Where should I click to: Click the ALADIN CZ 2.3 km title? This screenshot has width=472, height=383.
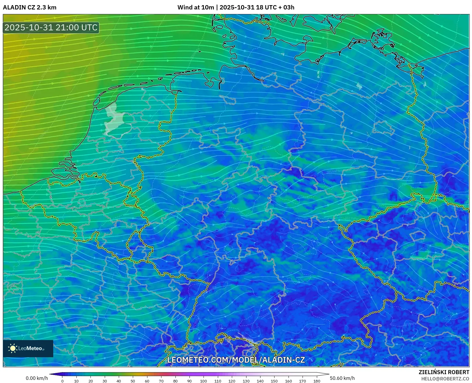point(29,7)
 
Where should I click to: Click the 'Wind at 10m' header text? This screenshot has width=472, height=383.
point(195,7)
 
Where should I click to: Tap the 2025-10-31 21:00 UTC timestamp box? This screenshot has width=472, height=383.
point(51,28)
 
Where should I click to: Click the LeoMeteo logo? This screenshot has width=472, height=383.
point(28,348)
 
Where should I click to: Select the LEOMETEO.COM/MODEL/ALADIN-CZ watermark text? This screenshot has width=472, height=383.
point(236,360)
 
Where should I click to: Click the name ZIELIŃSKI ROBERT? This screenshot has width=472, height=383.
point(444,372)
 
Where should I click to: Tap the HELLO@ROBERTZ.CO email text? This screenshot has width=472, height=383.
point(445,379)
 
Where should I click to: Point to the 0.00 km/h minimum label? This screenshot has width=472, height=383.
point(37,378)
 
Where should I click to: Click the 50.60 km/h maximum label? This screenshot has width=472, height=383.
point(342,378)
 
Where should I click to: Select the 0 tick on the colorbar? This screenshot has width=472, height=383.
point(62,381)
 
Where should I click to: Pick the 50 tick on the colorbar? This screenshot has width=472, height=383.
point(133,381)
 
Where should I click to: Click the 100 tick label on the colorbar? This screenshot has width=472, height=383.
point(203,381)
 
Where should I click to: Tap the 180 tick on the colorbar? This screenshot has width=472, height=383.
point(317,381)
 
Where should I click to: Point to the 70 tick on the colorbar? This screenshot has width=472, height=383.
point(161,381)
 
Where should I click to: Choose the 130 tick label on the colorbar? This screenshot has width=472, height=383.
point(246,381)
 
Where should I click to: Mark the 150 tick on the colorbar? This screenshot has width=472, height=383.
point(274,381)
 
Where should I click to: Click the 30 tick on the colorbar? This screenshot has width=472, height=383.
point(105,381)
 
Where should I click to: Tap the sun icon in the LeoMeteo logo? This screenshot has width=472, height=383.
point(13,348)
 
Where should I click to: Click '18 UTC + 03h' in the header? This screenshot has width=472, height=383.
point(275,7)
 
